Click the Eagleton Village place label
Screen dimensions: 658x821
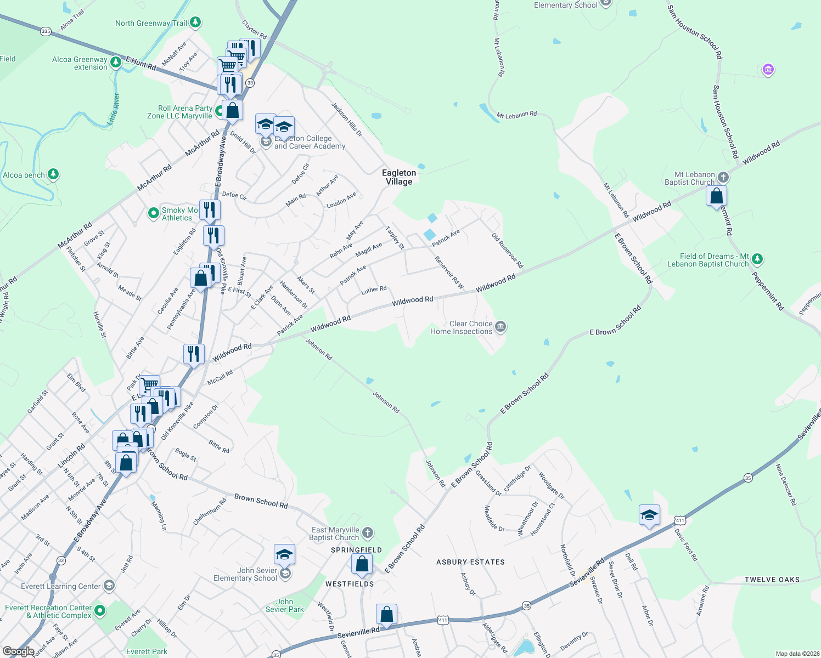(399, 177)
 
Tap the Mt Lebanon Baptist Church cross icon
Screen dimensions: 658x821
(723, 177)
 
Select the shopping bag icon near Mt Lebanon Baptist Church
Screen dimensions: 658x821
(716, 196)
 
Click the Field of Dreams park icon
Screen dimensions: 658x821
(757, 258)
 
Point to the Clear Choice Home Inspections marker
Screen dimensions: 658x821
(500, 327)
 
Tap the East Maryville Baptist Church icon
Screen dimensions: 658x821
(368, 532)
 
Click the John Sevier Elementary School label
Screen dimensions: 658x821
(245, 574)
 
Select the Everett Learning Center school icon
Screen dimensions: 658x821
(109, 586)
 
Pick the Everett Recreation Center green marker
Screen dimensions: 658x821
(99, 610)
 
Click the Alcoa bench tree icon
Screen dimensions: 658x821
(53, 174)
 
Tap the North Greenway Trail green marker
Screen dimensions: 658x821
(195, 22)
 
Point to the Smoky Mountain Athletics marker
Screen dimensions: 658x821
(154, 213)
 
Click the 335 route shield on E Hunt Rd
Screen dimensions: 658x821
(46, 31)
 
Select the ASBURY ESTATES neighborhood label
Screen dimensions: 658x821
(470, 562)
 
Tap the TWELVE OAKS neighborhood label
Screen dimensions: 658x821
(772, 580)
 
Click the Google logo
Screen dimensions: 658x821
(18, 651)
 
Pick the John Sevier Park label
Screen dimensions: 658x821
(284, 605)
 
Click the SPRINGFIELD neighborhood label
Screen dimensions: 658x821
(356, 550)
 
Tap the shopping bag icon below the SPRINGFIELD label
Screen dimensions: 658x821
(362, 564)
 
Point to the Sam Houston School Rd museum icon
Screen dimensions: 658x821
(768, 70)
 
